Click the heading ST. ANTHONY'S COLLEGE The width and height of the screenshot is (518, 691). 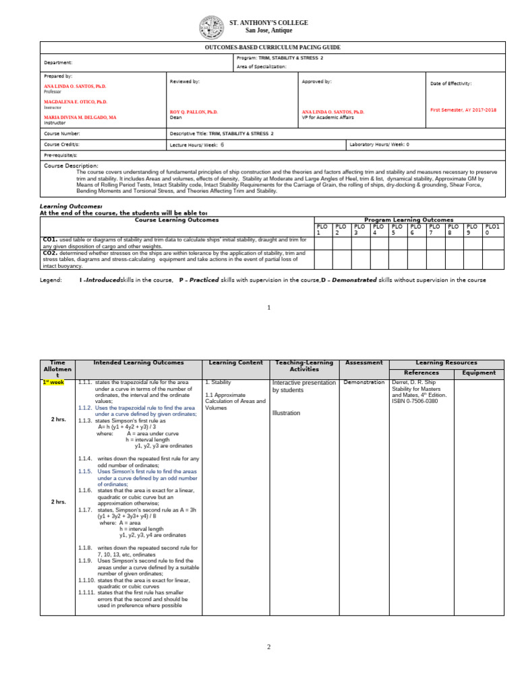pyautogui.click(x=268, y=23)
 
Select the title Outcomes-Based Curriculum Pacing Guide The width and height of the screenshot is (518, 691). pyautogui.click(x=272, y=47)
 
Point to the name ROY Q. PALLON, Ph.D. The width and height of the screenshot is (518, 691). pyautogui.click(x=194, y=111)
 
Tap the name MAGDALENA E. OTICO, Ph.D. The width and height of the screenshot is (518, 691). pyautogui.click(x=76, y=101)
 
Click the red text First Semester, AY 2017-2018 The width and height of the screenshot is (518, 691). pyautogui.click(x=463, y=109)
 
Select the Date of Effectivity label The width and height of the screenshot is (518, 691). pyautogui.click(x=451, y=84)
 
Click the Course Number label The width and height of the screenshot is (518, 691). pyautogui.click(x=62, y=134)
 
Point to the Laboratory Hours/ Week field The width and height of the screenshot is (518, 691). pyautogui.click(x=379, y=144)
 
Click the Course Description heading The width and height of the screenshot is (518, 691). pyautogui.click(x=71, y=165)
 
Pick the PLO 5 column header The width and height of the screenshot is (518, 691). pyautogui.click(x=398, y=229)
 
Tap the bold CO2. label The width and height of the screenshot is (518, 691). pyautogui.click(x=49, y=253)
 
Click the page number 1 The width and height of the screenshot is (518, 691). pyautogui.click(x=268, y=308)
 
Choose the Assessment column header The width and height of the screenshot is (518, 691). pyautogui.click(x=364, y=363)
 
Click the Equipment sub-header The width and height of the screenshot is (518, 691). pyautogui.click(x=479, y=372)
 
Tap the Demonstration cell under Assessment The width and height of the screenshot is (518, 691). pyautogui.click(x=364, y=383)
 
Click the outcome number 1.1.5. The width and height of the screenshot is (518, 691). pyautogui.click(x=85, y=490)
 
